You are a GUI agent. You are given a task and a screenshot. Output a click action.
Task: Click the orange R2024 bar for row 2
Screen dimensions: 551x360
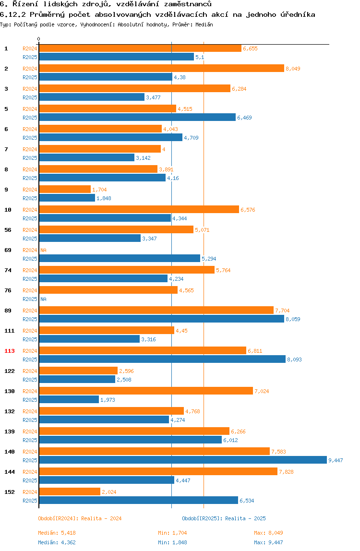pyautogui.click(x=161, y=69)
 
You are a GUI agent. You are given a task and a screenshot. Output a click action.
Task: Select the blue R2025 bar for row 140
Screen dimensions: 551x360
pyautogui.click(x=182, y=460)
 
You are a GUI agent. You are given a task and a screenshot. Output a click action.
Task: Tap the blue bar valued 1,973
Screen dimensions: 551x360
pyautogui.click(x=69, y=400)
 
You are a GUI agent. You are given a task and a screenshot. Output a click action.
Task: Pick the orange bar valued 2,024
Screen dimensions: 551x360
pyautogui.click(x=70, y=492)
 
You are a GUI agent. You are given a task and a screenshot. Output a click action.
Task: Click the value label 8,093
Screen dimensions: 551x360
pyautogui.click(x=294, y=359)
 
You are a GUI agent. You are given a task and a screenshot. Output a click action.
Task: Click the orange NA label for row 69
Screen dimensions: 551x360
pyautogui.click(x=43, y=250)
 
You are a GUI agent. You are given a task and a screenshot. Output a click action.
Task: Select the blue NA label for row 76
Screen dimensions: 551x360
pyautogui.click(x=43, y=299)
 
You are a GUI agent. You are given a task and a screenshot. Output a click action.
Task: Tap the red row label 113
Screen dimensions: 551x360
pyautogui.click(x=10, y=351)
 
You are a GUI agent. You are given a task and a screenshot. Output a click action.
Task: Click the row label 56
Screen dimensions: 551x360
pyautogui.click(x=8, y=230)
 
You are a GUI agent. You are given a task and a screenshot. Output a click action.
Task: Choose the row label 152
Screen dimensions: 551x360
pyautogui.click(x=10, y=492)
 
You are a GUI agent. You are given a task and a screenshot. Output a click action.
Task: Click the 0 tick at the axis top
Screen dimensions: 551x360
pyautogui.click(x=39, y=39)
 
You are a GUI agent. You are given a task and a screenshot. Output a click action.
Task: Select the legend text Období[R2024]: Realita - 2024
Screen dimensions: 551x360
pyautogui.click(x=80, y=518)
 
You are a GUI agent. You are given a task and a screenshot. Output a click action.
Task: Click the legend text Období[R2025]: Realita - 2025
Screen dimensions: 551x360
pyautogui.click(x=224, y=518)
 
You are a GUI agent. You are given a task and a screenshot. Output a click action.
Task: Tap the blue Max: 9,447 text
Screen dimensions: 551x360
pyautogui.click(x=268, y=542)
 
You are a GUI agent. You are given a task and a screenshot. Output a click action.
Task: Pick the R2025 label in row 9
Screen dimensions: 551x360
pyautogui.click(x=30, y=198)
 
